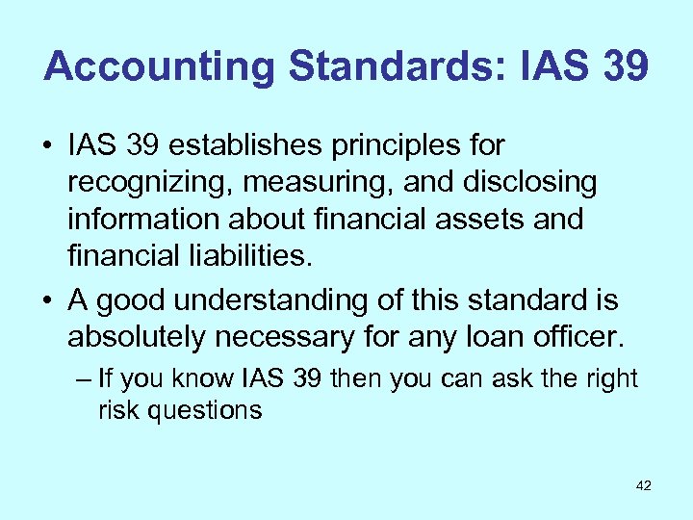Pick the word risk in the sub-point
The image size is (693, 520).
tap(115, 409)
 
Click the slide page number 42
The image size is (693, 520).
tap(644, 486)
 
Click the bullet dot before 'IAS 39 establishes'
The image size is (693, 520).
tap(47, 147)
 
